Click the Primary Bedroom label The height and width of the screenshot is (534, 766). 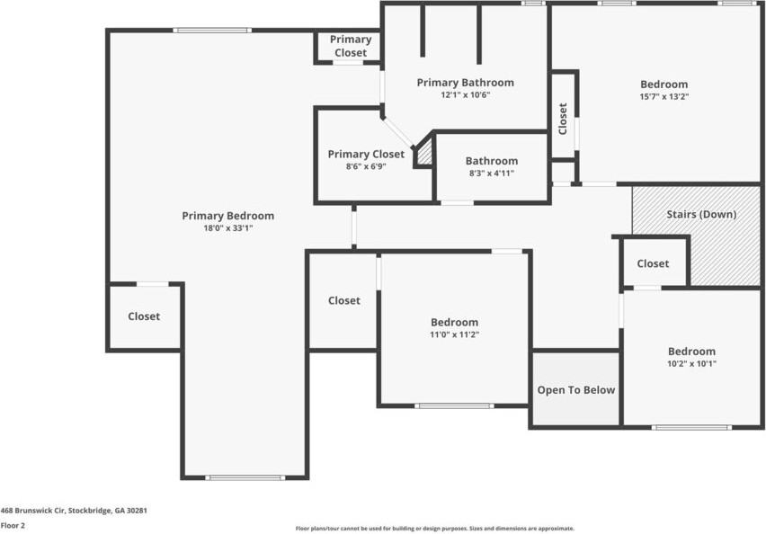click(227, 216)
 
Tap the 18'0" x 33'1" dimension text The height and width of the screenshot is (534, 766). click(227, 228)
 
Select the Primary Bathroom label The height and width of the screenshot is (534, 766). click(465, 83)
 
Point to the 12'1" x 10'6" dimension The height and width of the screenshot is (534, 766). click(465, 94)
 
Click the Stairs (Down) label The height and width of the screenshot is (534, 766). click(701, 215)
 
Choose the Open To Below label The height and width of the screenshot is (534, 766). click(576, 390)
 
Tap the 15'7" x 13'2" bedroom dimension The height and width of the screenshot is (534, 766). click(664, 97)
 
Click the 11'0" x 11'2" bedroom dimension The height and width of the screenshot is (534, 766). click(454, 334)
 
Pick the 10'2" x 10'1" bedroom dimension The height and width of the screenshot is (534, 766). click(691, 363)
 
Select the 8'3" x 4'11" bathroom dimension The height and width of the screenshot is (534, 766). click(491, 174)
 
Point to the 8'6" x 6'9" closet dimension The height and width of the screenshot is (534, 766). click(366, 166)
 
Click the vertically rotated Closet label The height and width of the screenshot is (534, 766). click(563, 119)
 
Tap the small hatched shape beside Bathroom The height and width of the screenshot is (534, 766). click(423, 152)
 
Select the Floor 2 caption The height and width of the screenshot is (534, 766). click(13, 525)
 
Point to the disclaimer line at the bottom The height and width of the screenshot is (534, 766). click(435, 529)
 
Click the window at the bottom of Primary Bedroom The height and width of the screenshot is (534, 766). click(245, 477)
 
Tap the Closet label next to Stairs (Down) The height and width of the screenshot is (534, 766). click(653, 263)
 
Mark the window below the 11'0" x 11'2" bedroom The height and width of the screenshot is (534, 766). click(454, 406)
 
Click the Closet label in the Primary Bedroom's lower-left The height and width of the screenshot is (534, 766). click(144, 316)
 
